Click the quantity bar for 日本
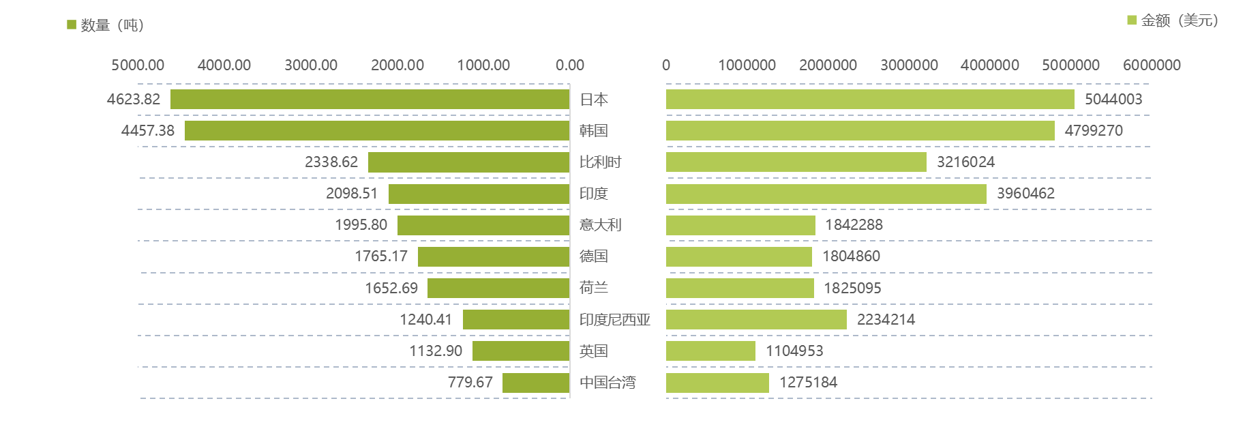tap(370, 99)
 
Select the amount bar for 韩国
tap(860, 130)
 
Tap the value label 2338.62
tap(331, 162)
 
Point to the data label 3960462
tap(1025, 194)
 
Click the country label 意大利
tap(600, 225)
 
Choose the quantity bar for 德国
tap(494, 256)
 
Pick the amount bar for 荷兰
tap(740, 288)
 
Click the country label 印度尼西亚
tap(614, 319)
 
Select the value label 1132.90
tap(435, 351)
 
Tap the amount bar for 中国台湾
tap(717, 383)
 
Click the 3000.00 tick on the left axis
tap(311, 65)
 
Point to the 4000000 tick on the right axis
tap(990, 65)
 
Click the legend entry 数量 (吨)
tap(106, 25)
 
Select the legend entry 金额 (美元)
tap(1173, 20)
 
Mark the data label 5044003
tap(1113, 100)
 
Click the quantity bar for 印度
tap(479, 194)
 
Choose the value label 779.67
tap(470, 383)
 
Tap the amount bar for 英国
tap(710, 351)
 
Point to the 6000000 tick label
tap(1152, 65)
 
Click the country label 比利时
tap(600, 162)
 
